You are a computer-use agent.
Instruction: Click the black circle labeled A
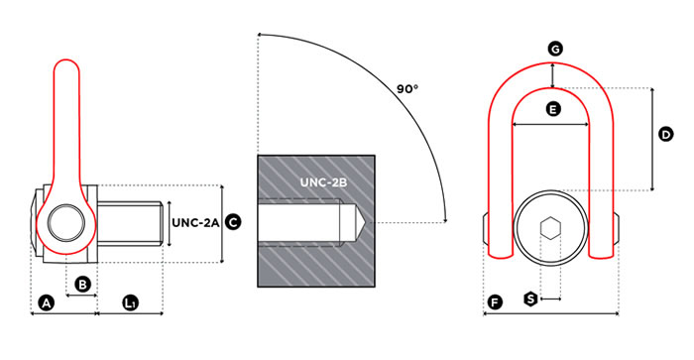tap(47, 303)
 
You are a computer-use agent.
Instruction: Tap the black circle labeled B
tap(82, 285)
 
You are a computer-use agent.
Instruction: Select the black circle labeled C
tap(233, 222)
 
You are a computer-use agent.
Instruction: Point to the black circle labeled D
tap(665, 134)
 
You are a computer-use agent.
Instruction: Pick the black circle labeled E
tap(553, 108)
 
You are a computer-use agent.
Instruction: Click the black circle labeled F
tap(495, 302)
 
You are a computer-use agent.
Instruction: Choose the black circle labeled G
tap(555, 49)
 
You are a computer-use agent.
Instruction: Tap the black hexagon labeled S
tap(530, 299)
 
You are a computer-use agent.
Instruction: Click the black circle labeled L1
tap(130, 303)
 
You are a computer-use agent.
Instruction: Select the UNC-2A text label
tap(195, 222)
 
